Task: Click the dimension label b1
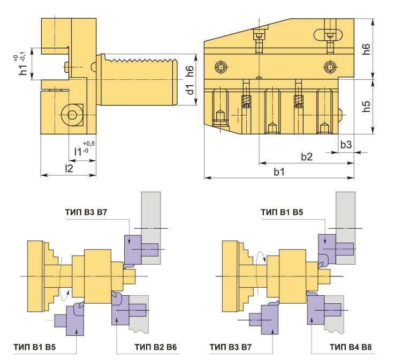(x=279, y=172)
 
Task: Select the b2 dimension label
(x=307, y=157)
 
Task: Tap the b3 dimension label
(x=346, y=145)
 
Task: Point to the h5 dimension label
(x=367, y=106)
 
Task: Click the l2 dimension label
(x=69, y=168)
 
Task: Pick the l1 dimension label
(x=78, y=152)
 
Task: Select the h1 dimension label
(x=23, y=69)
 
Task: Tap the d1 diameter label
(x=190, y=89)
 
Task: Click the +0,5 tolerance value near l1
(x=88, y=144)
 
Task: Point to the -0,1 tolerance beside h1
(x=22, y=56)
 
